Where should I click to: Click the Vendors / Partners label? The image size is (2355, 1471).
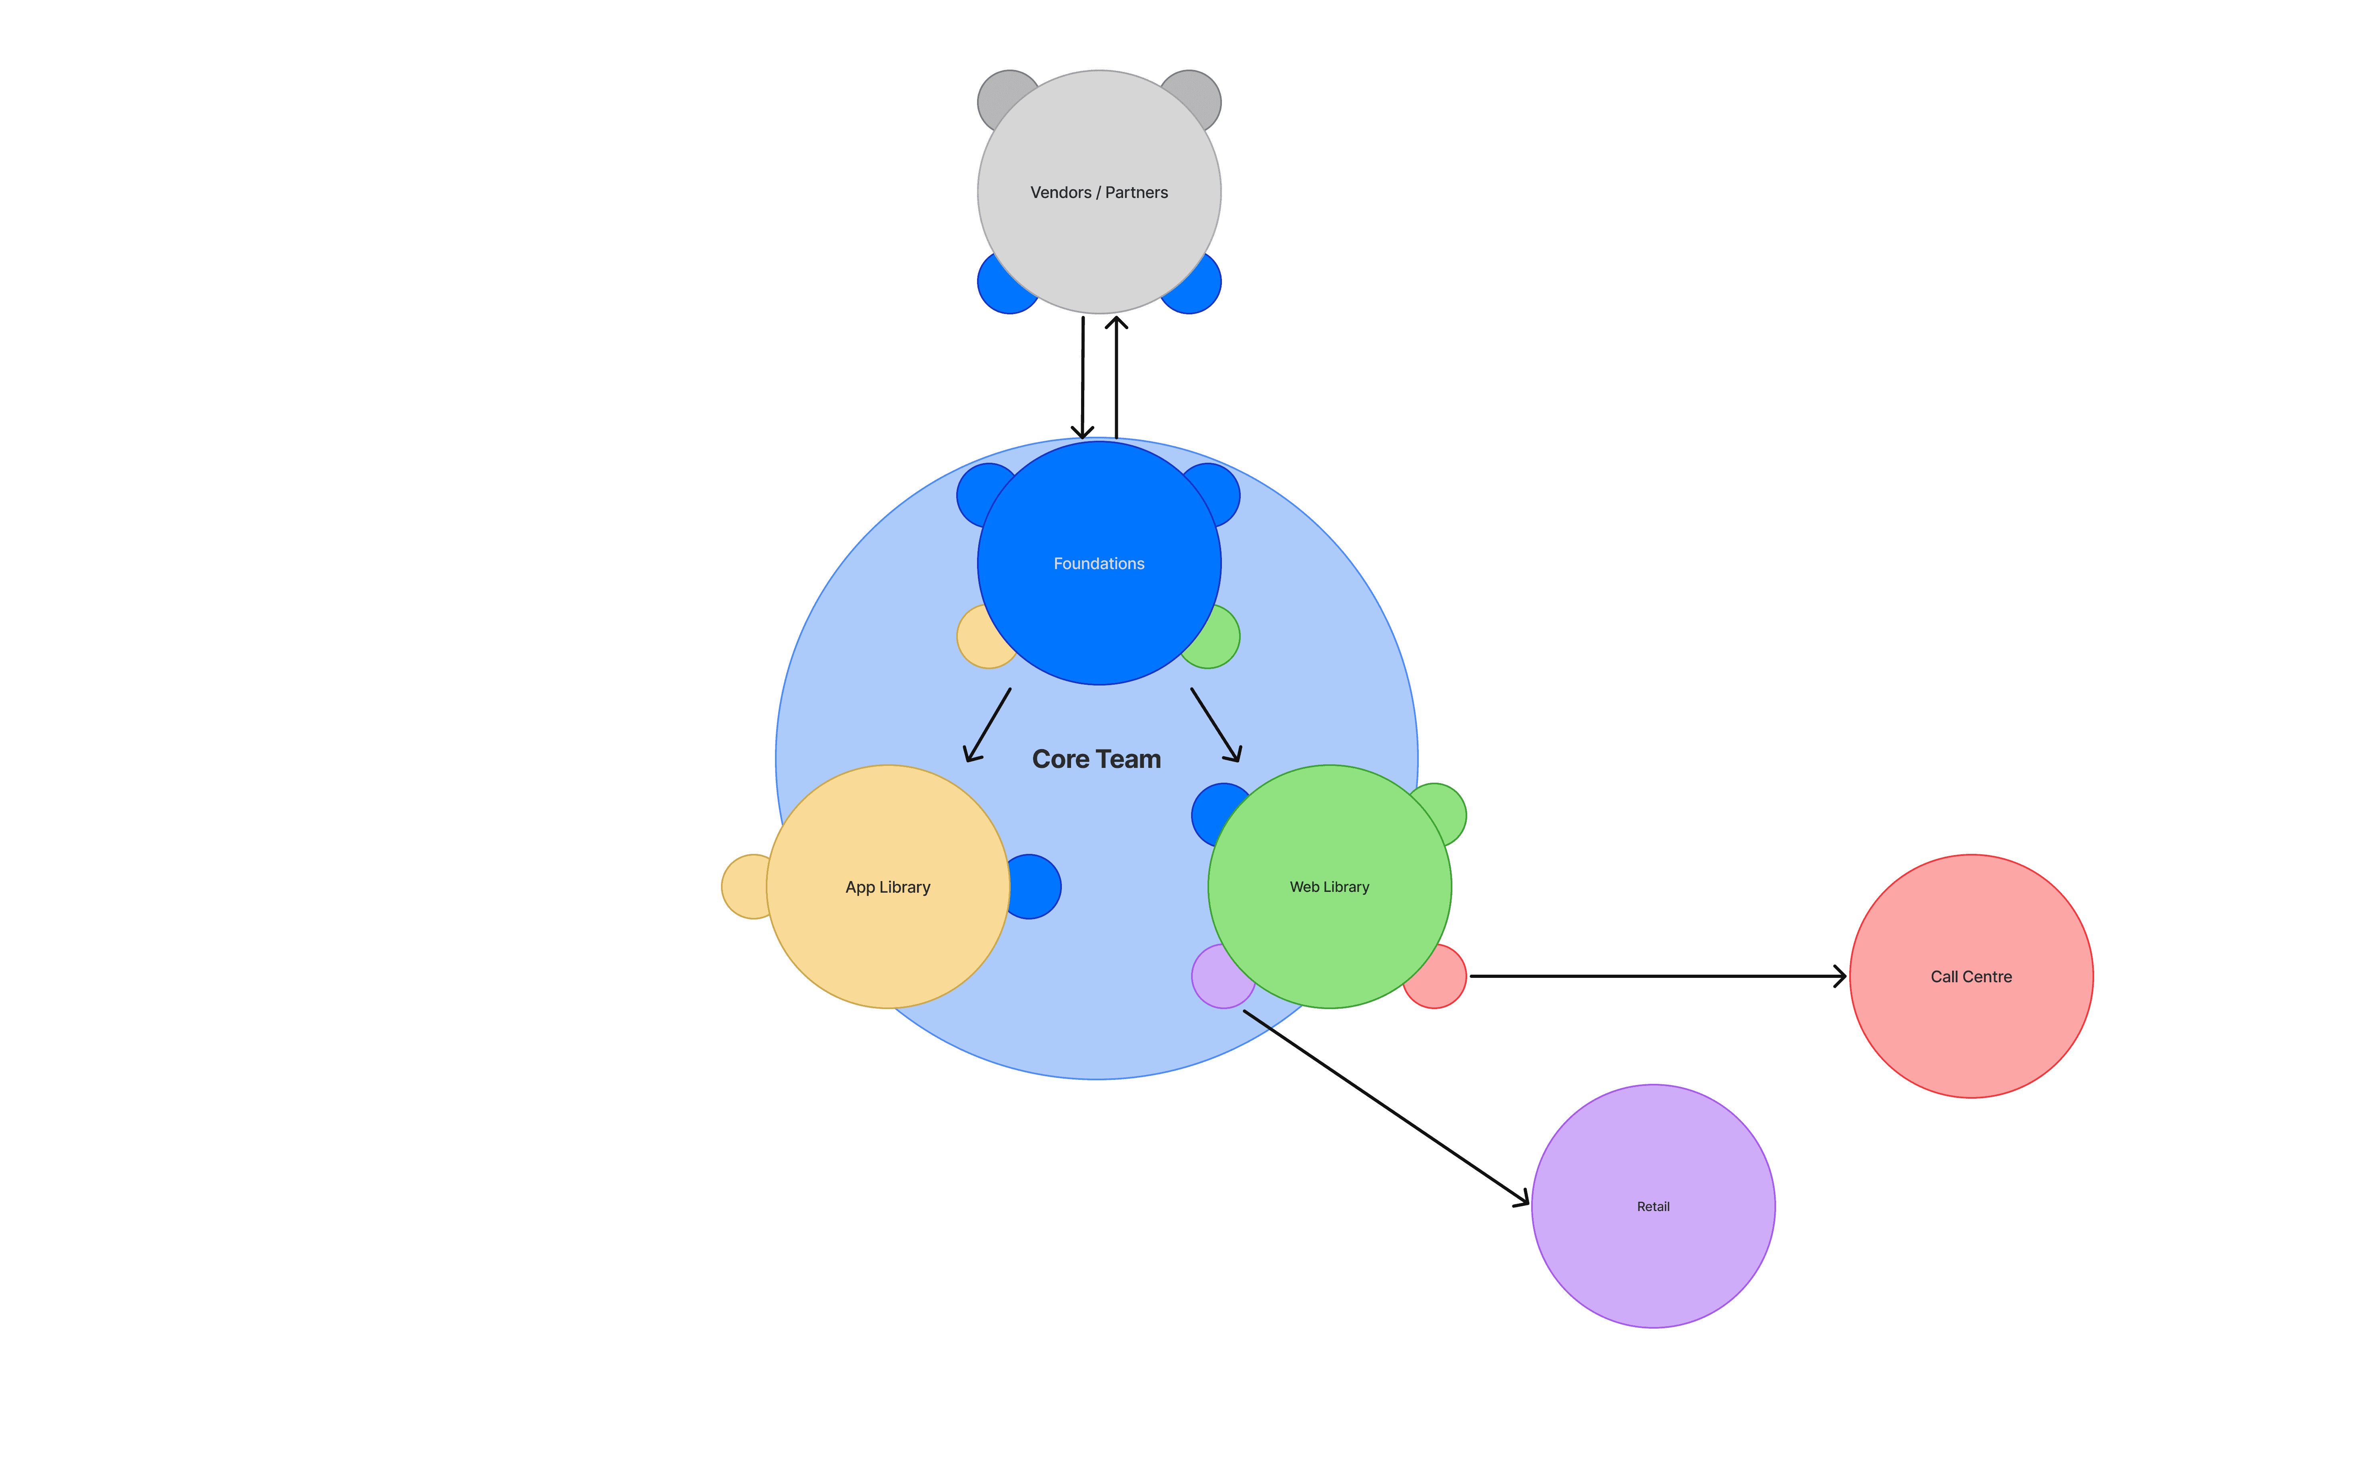[x=1099, y=193]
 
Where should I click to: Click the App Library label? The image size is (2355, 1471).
[x=887, y=887]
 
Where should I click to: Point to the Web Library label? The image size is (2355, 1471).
[x=1329, y=887]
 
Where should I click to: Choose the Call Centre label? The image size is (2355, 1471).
[x=1971, y=977]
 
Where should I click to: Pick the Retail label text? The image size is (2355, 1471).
[x=1652, y=1206]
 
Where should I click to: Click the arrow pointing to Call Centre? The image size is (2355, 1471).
[x=1654, y=976]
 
